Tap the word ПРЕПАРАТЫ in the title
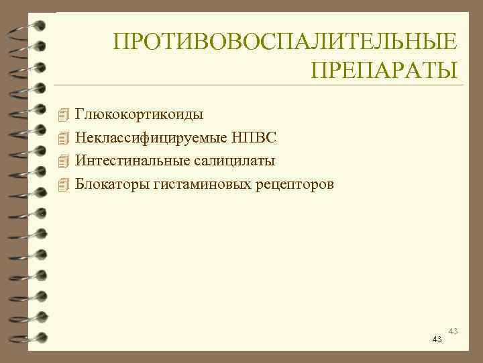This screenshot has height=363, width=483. pos(385,70)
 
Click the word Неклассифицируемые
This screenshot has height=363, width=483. pos(151,137)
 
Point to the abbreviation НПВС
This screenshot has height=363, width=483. pos(254,137)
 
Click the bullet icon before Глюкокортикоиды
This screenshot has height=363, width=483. pos(64,114)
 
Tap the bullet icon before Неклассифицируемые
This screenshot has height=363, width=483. pos(64,137)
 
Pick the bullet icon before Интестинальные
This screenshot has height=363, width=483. pos(64,160)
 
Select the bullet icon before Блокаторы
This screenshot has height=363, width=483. pos(64,184)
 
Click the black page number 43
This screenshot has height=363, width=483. pos(437,339)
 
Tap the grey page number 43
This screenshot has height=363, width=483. pos(453,331)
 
